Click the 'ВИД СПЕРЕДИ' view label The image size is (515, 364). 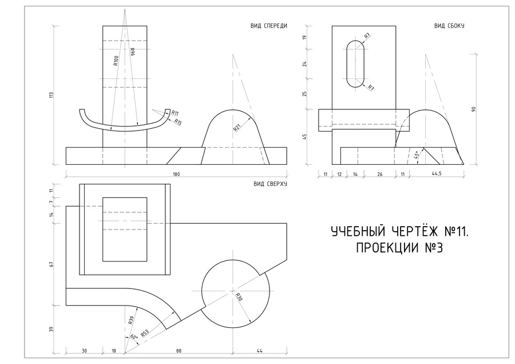point(269,26)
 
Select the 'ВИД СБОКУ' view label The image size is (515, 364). point(449,26)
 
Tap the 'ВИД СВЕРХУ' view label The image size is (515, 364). point(270,184)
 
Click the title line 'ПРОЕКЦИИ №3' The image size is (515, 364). point(399,248)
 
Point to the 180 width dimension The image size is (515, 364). point(176,174)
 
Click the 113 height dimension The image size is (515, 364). point(51,95)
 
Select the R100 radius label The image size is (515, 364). point(116,61)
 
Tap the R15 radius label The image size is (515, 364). point(178,122)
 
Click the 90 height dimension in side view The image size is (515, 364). point(473,109)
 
